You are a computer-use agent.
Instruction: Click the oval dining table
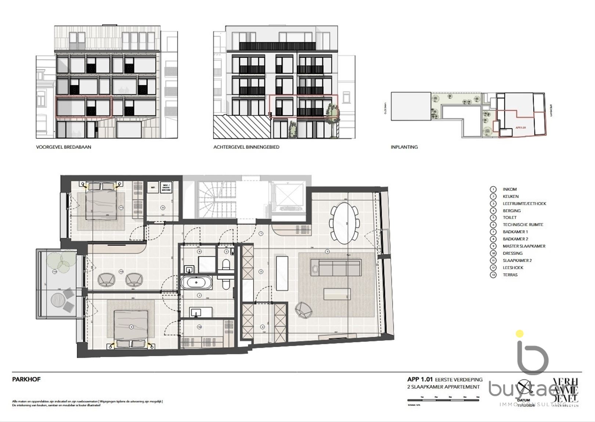(x=345, y=223)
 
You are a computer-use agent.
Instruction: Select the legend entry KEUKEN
(x=511, y=196)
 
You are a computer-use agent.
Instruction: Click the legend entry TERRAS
(x=510, y=275)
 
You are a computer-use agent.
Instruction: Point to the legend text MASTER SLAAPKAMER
(x=524, y=246)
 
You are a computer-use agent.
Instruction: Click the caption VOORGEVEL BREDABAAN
(x=64, y=147)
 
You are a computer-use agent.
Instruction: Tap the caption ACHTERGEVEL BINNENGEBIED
(x=246, y=147)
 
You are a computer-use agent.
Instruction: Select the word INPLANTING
(x=404, y=147)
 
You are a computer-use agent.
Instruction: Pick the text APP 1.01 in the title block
(x=420, y=379)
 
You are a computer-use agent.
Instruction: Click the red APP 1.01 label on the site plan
(x=521, y=128)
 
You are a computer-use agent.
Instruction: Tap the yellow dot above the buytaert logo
(x=519, y=334)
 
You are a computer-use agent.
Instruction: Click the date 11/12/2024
(x=523, y=405)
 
